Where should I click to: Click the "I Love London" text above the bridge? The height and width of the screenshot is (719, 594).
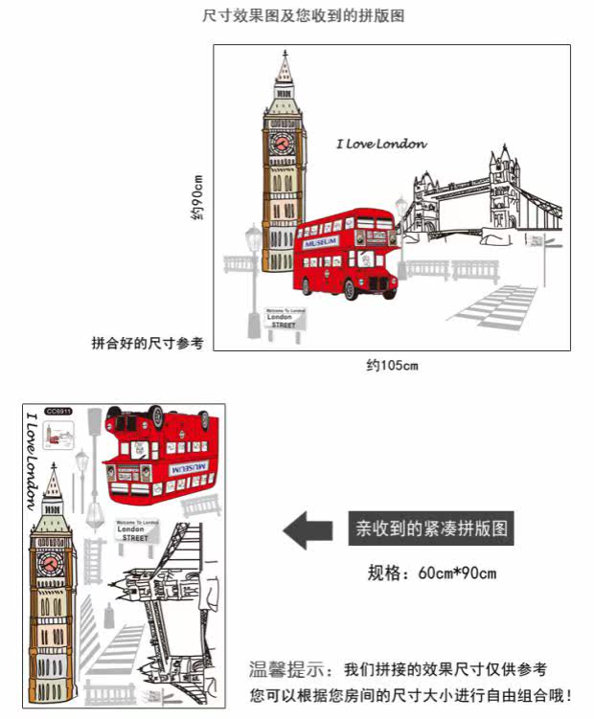click(x=381, y=145)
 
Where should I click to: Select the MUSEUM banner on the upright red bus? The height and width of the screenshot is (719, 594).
click(x=323, y=243)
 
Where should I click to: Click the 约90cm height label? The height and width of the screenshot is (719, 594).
click(x=196, y=198)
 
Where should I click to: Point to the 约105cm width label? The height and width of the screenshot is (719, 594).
click(x=392, y=365)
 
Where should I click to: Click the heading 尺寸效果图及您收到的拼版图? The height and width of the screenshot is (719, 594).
click(x=297, y=17)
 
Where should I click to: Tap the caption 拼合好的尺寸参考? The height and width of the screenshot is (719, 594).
click(x=148, y=343)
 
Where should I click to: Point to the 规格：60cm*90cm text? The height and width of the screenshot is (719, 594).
click(x=432, y=573)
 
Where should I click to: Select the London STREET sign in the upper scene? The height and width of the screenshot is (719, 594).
click(x=285, y=320)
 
